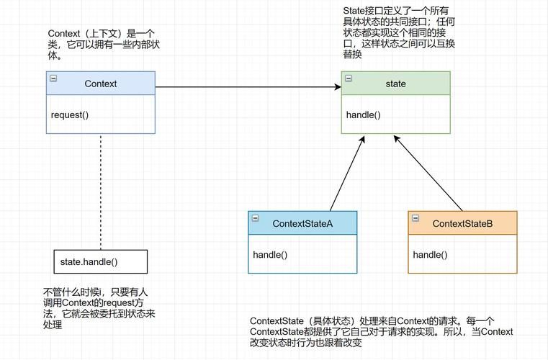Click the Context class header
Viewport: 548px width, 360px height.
pyautogui.click(x=100, y=84)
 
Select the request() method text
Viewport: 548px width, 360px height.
pyautogui.click(x=70, y=114)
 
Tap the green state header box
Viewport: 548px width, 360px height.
pyautogui.click(x=395, y=84)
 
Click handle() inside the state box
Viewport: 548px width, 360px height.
pyautogui.click(x=363, y=114)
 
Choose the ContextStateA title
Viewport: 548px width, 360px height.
pyautogui.click(x=302, y=223)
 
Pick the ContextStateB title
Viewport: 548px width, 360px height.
pyautogui.click(x=462, y=223)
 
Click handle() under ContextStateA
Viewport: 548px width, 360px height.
pyautogui.click(x=270, y=254)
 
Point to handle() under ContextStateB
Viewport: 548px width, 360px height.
pyautogui.click(x=430, y=254)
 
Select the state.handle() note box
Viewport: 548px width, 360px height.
pyautogui.click(x=100, y=261)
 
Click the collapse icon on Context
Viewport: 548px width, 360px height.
pyautogui.click(x=53, y=78)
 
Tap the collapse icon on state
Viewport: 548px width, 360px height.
pyautogui.click(x=349, y=78)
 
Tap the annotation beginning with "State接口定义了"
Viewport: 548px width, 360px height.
pyautogui.click(x=398, y=32)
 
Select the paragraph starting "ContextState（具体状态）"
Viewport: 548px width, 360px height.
pyautogui.click(x=382, y=332)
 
